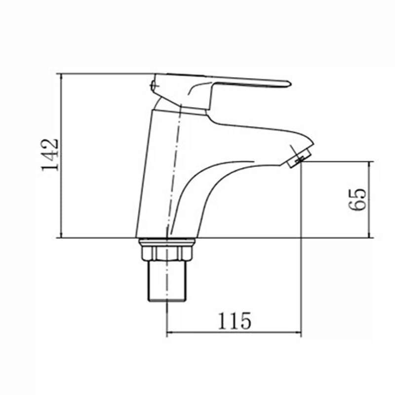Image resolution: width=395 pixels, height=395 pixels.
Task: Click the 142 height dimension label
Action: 50,155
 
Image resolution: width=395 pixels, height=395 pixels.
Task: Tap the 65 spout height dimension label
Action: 357,199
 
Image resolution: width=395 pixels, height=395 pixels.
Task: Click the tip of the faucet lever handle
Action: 290,84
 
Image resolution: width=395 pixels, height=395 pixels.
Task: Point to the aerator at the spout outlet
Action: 299,158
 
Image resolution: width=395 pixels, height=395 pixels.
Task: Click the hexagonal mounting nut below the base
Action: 166,253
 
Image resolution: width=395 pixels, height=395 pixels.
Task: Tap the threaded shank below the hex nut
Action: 167,281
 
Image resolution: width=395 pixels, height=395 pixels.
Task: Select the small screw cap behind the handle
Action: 153,85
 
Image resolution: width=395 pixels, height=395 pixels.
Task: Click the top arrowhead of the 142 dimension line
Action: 61,76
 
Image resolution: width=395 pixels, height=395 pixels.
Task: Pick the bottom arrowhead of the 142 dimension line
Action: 61,236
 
